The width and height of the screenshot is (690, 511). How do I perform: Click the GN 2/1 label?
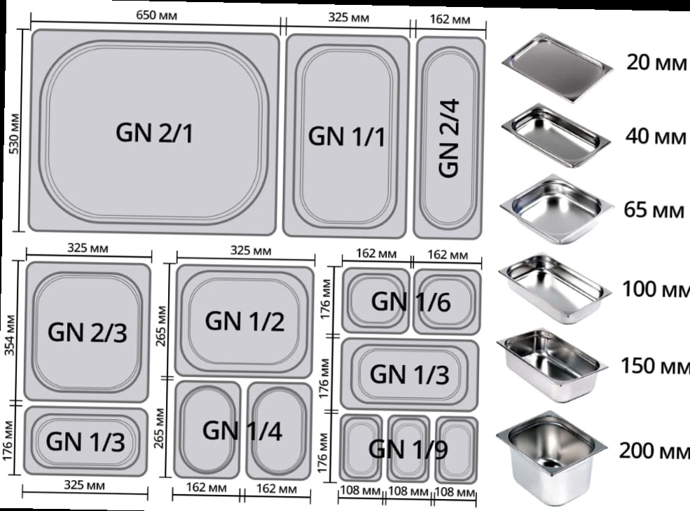(x=154, y=132)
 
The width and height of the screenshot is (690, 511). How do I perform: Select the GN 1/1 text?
(x=347, y=136)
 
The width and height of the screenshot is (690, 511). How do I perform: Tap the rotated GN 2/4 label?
(x=449, y=138)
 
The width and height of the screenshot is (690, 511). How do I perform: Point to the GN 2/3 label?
(x=87, y=332)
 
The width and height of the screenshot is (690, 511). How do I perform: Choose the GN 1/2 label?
(x=244, y=321)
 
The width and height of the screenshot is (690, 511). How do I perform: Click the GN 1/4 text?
(x=242, y=430)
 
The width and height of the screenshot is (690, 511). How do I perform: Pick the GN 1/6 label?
(x=411, y=301)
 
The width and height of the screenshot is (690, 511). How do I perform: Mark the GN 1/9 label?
(x=408, y=449)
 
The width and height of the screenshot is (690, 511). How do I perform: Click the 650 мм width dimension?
(x=157, y=15)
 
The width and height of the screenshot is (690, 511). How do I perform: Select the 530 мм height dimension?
(x=14, y=134)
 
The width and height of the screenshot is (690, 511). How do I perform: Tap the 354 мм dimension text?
(x=10, y=335)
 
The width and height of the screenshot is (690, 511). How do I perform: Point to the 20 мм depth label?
(x=656, y=62)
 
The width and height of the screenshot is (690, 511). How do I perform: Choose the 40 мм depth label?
(x=656, y=136)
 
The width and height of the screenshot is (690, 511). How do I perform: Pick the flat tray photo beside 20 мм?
(x=557, y=67)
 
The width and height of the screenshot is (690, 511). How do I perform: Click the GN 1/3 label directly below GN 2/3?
(x=85, y=442)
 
